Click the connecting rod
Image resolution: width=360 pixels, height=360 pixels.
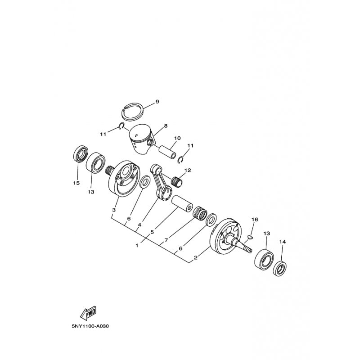[x=162, y=182]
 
